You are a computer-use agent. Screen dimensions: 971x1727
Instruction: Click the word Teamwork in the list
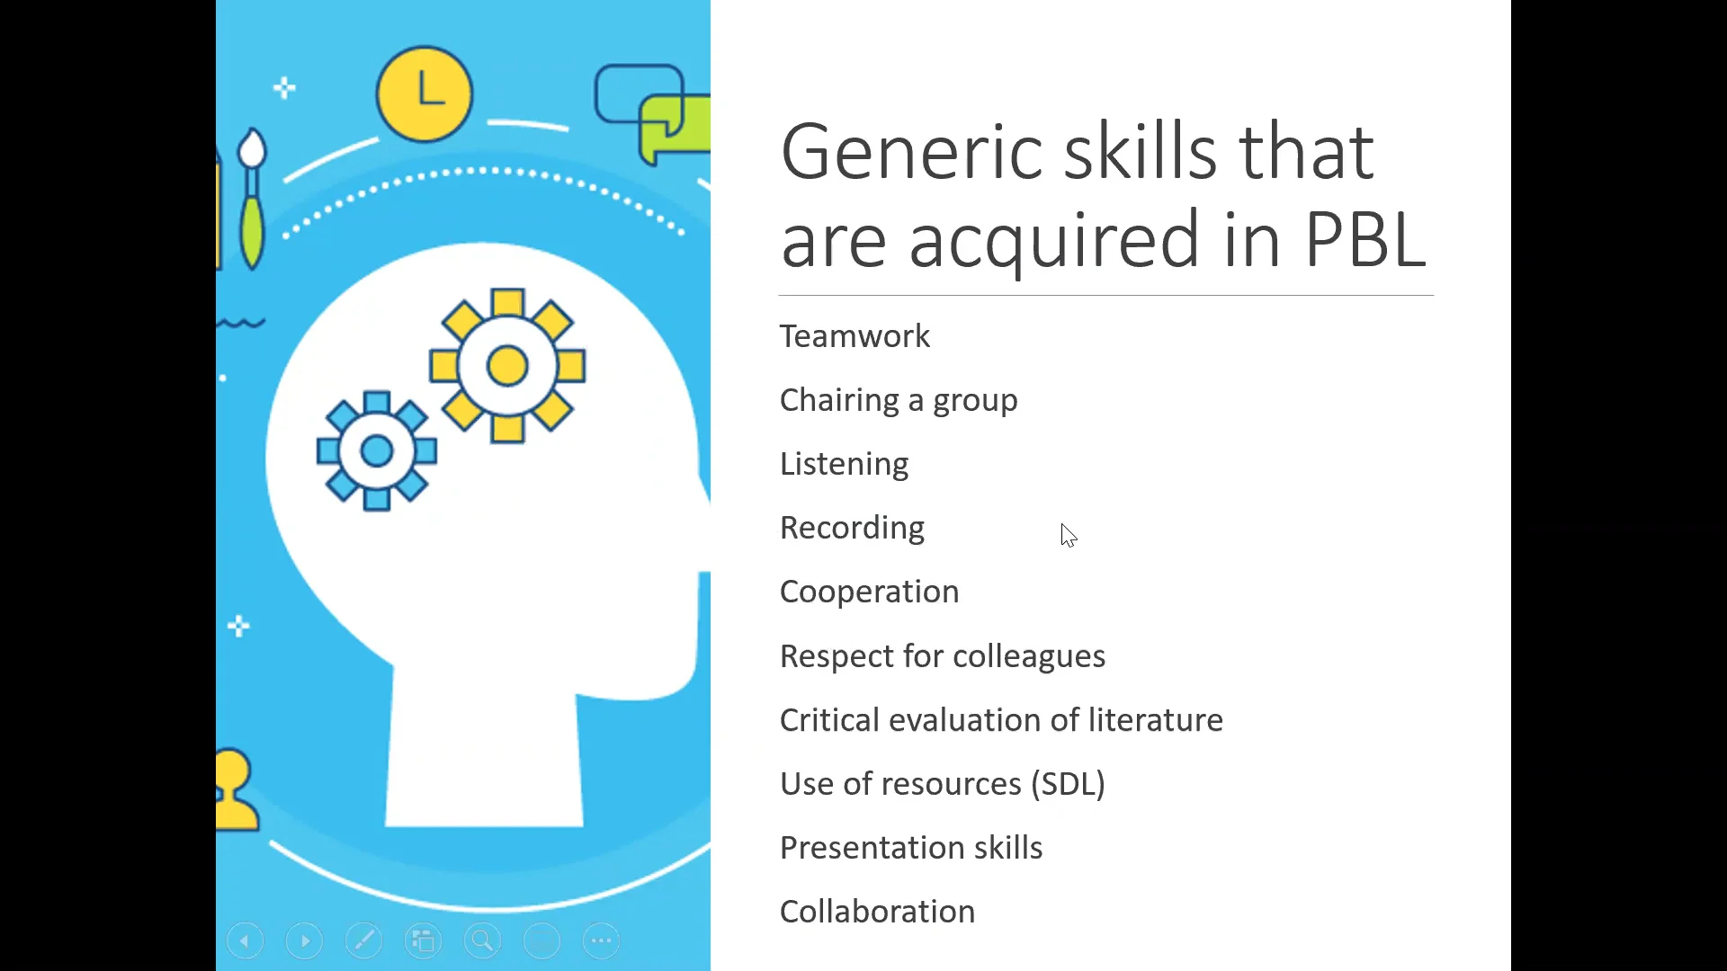(x=855, y=336)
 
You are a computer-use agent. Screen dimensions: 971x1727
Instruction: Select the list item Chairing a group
(x=898, y=400)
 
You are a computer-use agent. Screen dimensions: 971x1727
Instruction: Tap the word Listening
(x=844, y=464)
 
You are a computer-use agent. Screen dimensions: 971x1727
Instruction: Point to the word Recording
(x=852, y=528)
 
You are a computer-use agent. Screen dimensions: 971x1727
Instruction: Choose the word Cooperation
(x=869, y=592)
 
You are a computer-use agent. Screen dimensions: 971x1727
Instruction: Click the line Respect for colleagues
(x=942, y=656)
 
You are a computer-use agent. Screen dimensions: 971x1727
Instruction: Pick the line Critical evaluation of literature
(x=1000, y=720)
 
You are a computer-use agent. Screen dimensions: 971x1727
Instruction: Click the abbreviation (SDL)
(x=1068, y=784)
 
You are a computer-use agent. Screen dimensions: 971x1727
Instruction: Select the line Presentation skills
(x=910, y=848)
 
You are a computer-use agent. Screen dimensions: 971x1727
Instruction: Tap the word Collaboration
(x=877, y=912)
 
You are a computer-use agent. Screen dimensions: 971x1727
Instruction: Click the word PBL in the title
(x=1365, y=240)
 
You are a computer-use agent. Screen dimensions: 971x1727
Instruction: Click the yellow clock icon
(x=425, y=94)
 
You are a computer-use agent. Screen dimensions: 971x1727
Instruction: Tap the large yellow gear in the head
(x=507, y=366)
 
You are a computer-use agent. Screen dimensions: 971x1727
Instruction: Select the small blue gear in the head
(x=377, y=450)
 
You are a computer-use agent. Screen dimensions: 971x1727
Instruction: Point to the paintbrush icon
(x=252, y=198)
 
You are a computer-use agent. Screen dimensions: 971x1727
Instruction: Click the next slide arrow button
(x=304, y=941)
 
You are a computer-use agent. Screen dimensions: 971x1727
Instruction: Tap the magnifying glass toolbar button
(x=482, y=941)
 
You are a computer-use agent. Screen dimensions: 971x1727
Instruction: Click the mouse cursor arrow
(x=1068, y=535)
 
